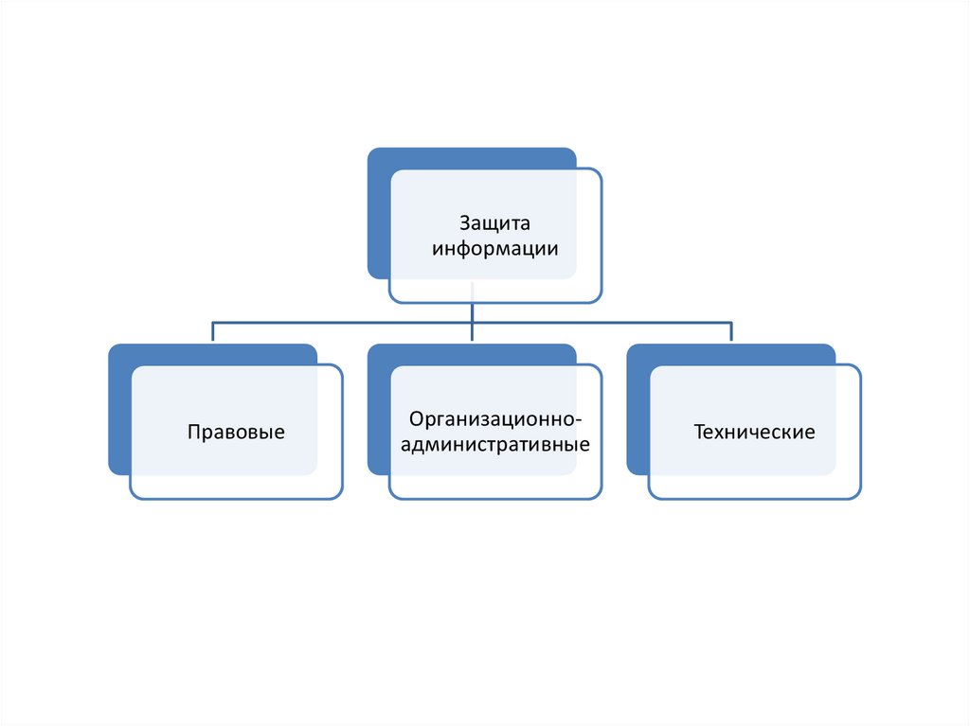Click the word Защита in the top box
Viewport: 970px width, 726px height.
(x=494, y=224)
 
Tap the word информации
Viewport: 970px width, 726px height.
(x=494, y=250)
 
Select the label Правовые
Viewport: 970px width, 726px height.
(x=236, y=433)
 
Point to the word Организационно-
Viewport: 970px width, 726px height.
(x=494, y=418)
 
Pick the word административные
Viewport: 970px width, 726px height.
(x=494, y=443)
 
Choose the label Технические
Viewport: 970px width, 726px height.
(x=754, y=433)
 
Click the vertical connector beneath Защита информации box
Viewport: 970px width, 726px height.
(x=472, y=312)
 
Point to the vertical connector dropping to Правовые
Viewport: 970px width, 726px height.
(x=212, y=331)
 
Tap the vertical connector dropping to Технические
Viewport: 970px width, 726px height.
(x=731, y=331)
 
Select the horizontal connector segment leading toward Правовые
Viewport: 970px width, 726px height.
(x=341, y=323)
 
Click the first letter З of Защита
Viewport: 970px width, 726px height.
(x=465, y=224)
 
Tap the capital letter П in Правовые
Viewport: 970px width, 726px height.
(x=193, y=433)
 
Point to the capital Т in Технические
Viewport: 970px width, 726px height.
(x=699, y=433)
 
